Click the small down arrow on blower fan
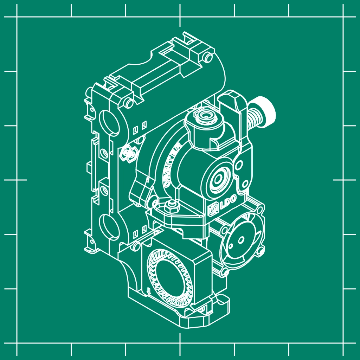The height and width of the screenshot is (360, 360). (149, 290)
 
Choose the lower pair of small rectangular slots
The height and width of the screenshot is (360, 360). (140, 231)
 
